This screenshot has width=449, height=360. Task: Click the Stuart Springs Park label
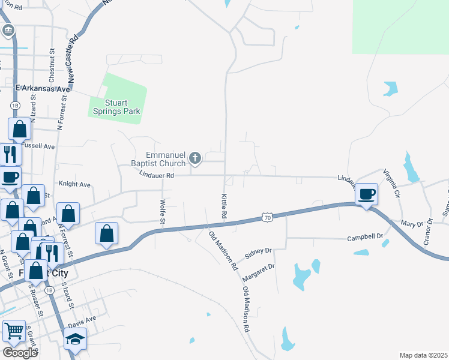pyautogui.click(x=118, y=107)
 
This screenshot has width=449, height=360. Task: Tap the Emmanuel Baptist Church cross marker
pyautogui.click(x=194, y=158)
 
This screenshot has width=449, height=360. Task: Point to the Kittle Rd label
pyautogui.click(x=223, y=206)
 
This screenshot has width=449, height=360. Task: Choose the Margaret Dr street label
pyautogui.click(x=258, y=274)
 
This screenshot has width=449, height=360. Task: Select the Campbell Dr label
pyautogui.click(x=365, y=238)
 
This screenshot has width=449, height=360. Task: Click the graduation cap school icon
pyautogui.click(x=74, y=340)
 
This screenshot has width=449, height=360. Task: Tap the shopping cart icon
pyautogui.click(x=14, y=331)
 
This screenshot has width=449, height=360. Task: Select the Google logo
pyautogui.click(x=20, y=353)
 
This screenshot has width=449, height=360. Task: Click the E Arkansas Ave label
pyautogui.click(x=43, y=89)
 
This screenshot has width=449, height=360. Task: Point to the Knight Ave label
pyautogui.click(x=74, y=184)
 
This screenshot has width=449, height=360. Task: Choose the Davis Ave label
pyautogui.click(x=82, y=323)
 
